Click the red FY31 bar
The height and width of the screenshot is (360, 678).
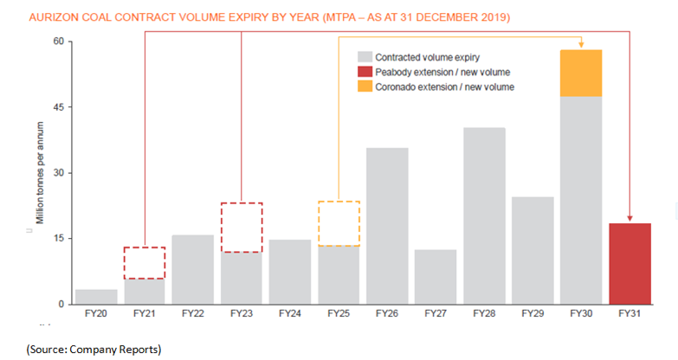(x=630, y=263)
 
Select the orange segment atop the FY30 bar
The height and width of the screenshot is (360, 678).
(x=581, y=73)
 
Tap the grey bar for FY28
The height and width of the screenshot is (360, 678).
(x=484, y=215)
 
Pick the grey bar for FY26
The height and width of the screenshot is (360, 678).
(x=387, y=225)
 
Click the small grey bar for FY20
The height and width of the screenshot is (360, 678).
(x=96, y=296)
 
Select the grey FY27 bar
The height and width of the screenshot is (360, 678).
(x=436, y=276)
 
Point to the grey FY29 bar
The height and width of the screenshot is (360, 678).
(x=533, y=250)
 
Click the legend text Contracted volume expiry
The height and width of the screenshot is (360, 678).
(x=419, y=57)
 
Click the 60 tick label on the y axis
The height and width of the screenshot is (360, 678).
(x=57, y=42)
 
